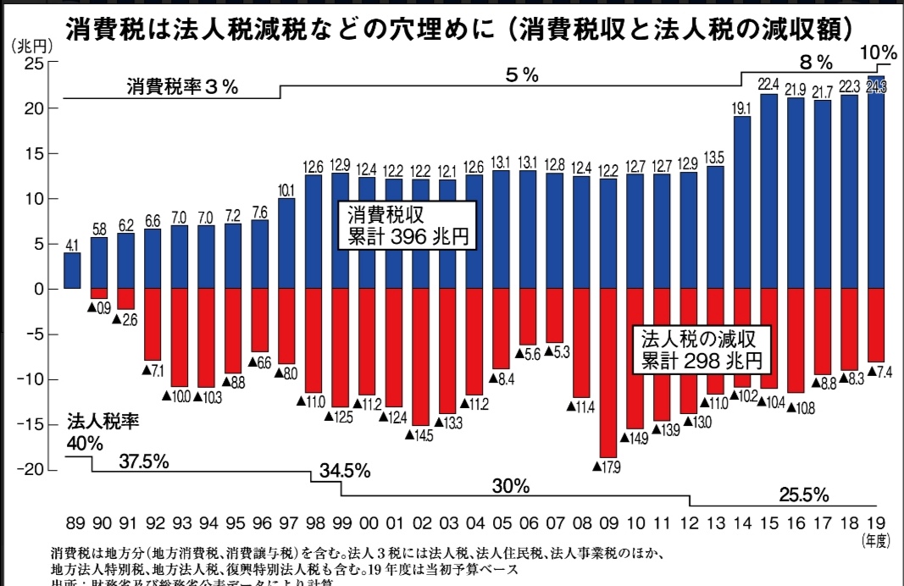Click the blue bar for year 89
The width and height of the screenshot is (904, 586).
coord(73,270)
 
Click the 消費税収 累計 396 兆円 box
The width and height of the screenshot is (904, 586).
coord(405,225)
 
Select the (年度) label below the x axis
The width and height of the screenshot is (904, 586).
coord(875,539)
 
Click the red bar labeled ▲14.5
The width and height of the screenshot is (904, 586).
coord(422,356)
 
